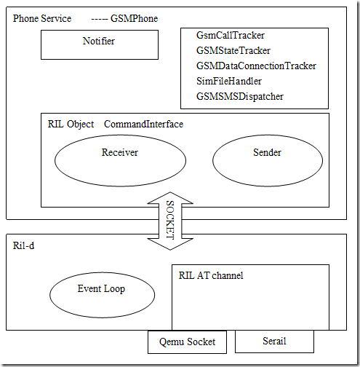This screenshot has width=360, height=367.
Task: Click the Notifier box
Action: point(99,44)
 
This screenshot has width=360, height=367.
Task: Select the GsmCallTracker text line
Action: point(230,35)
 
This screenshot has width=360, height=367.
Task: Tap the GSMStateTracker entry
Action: point(233,50)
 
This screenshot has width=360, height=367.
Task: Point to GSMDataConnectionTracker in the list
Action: point(256,66)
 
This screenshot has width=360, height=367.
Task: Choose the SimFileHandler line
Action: point(228,81)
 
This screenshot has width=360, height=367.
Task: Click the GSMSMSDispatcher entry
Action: point(239,96)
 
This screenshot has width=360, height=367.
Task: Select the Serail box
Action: point(273,341)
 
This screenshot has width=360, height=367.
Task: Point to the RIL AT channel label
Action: point(211,275)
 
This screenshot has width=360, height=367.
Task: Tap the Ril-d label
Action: point(24,246)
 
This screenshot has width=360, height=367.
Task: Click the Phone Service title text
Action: point(42,18)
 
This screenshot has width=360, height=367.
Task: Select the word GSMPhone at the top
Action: point(135,18)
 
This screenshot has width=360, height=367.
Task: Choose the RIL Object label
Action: point(71,125)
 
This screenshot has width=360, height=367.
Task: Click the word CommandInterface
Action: point(143,125)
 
